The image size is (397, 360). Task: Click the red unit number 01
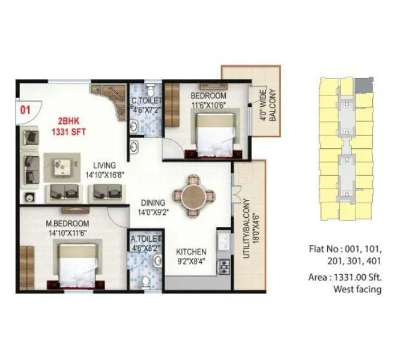point(25,110)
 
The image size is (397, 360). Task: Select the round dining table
point(193,196)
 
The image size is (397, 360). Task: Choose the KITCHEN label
point(191,251)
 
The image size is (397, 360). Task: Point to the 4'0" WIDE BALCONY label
point(267,106)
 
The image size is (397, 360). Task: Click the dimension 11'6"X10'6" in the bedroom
point(208,104)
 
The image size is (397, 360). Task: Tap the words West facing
point(357,289)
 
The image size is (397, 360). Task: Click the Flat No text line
point(345,248)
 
